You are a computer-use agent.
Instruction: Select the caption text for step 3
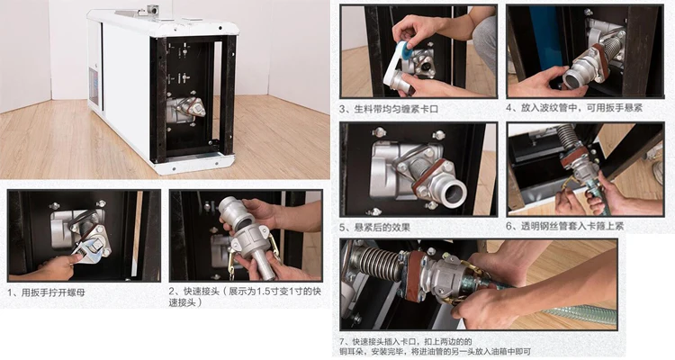389,109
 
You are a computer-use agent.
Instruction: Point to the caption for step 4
574,108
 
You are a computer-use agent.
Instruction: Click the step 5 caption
374,227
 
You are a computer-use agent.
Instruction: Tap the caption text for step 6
571,226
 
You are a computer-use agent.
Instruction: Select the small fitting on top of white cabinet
151,9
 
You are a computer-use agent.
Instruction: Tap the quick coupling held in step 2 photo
246,237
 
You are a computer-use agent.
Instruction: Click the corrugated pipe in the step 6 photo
568,136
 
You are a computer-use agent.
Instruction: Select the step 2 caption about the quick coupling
245,297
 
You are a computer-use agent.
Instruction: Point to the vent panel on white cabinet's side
93,85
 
